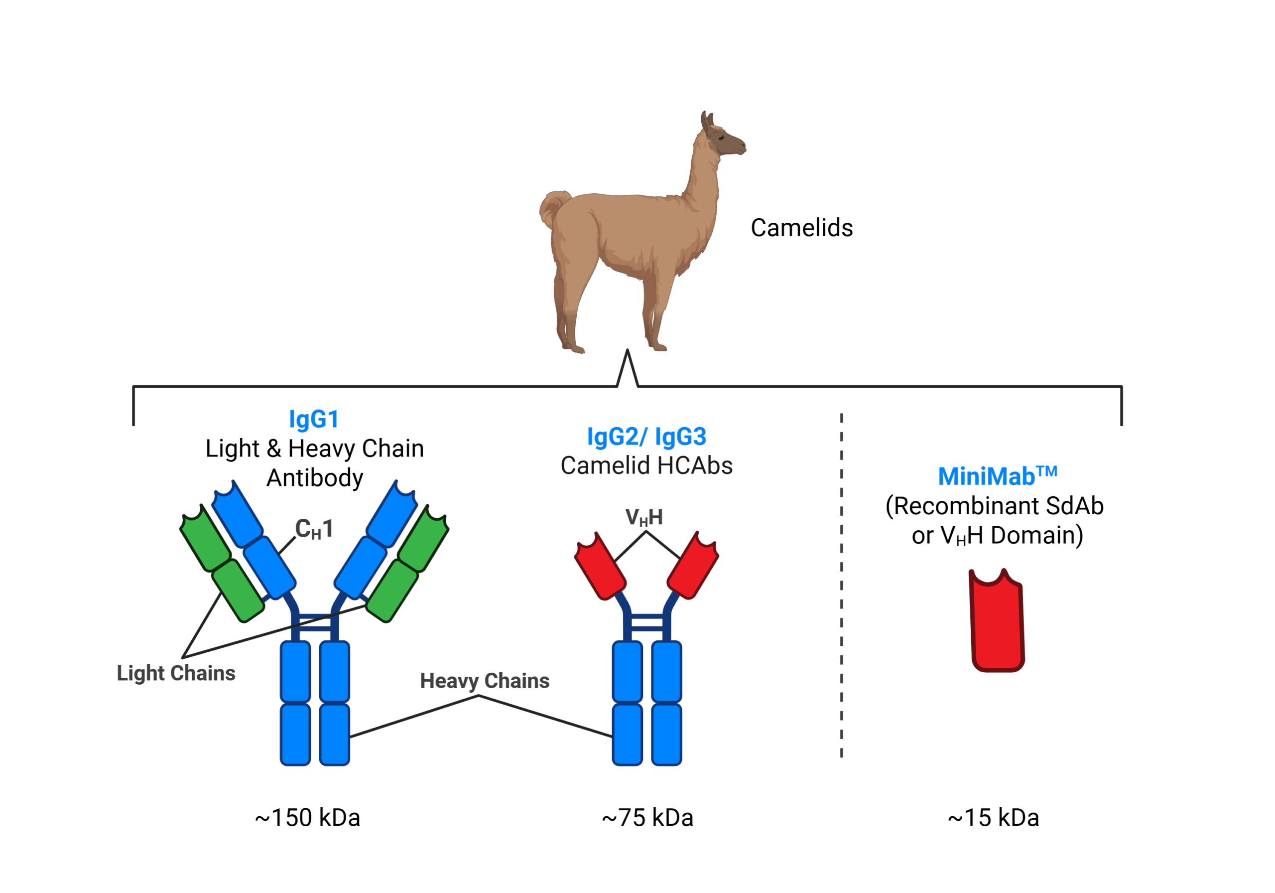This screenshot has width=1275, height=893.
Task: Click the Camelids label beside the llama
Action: [x=801, y=228]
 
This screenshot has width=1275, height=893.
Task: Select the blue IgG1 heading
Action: [x=313, y=420]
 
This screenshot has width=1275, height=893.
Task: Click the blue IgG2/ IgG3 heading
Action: [x=646, y=437]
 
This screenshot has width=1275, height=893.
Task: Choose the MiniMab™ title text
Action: [x=997, y=476]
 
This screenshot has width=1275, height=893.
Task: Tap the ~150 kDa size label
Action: [x=307, y=818]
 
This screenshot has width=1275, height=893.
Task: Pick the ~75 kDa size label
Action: [x=647, y=818]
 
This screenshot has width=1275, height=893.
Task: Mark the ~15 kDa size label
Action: [x=993, y=818]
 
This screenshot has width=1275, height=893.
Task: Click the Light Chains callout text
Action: [x=176, y=674]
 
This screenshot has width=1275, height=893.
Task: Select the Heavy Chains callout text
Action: [x=484, y=681]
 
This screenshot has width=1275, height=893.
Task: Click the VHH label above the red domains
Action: [x=644, y=518]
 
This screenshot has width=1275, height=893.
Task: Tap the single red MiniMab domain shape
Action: [x=997, y=622]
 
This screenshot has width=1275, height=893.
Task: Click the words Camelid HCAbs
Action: [x=646, y=465]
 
